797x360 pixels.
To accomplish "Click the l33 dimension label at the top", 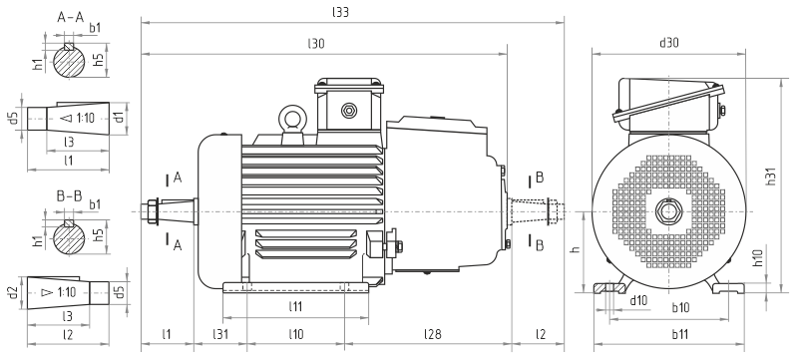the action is [x=340, y=12].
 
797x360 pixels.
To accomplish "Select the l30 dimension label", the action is [x=316, y=44].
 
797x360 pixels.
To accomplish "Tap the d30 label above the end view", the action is [x=669, y=43].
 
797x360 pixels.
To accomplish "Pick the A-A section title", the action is [x=70, y=18].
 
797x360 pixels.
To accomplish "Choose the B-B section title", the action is [x=69, y=195].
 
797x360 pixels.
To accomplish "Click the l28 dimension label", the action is [x=433, y=334].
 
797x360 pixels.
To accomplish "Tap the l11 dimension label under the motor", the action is [x=295, y=306].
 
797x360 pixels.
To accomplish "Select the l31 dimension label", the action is [x=219, y=334].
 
